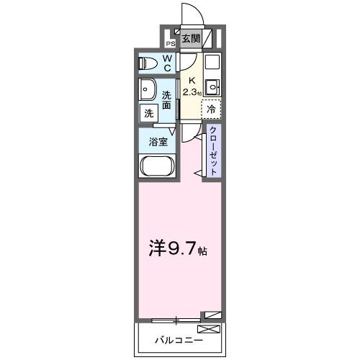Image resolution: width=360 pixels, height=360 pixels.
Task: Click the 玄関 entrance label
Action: click(x=191, y=39)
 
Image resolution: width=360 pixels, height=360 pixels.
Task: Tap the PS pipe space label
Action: click(x=171, y=42)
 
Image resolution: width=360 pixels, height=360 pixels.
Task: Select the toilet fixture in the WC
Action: click(x=147, y=63)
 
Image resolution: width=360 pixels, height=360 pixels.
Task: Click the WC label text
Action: click(x=167, y=63)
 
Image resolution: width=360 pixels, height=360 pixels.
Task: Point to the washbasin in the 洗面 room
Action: click(x=149, y=92)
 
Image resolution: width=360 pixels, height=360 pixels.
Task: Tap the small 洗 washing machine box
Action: click(x=148, y=113)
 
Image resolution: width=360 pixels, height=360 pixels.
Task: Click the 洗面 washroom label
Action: click(x=167, y=99)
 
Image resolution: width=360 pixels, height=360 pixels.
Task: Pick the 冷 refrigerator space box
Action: click(x=212, y=109)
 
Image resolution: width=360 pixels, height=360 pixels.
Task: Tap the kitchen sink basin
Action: click(x=212, y=89)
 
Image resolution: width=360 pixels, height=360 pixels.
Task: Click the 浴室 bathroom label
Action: click(x=158, y=141)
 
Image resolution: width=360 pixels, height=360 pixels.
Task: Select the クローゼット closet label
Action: click(x=213, y=150)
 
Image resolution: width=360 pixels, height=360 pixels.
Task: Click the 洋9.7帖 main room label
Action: click(x=179, y=252)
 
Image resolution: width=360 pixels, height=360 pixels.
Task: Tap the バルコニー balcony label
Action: click(x=174, y=338)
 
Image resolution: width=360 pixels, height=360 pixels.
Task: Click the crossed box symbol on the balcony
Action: click(x=207, y=329)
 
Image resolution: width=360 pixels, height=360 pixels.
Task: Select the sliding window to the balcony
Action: click(x=176, y=318)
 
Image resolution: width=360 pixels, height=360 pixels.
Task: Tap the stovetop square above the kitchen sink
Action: click(x=212, y=62)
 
